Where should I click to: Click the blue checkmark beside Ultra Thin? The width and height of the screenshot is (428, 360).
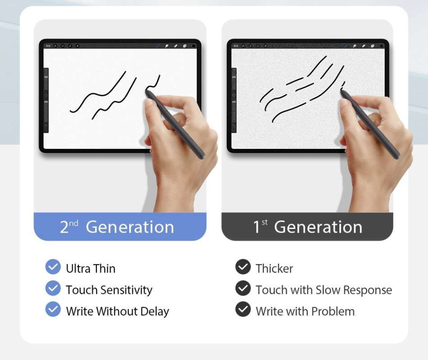click(x=53, y=267)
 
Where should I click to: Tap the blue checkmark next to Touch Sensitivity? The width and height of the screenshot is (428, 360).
click(x=53, y=288)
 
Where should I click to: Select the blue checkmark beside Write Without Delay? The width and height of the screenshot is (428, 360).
click(x=53, y=309)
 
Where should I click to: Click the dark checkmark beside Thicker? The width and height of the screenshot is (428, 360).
click(x=243, y=267)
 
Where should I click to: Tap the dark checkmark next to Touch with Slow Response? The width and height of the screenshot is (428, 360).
click(x=243, y=288)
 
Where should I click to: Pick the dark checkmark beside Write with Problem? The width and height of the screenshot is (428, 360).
click(x=243, y=309)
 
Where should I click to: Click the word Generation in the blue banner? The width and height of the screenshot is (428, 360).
click(x=130, y=227)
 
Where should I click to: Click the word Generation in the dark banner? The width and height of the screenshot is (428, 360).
click(x=318, y=227)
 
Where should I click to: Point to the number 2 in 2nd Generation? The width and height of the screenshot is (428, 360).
click(x=64, y=227)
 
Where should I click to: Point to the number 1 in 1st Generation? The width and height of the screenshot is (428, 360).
click(x=256, y=227)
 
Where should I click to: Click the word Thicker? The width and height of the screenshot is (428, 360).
click(x=275, y=269)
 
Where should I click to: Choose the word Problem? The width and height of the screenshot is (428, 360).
click(x=333, y=311)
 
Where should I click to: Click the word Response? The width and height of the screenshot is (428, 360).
click(x=367, y=290)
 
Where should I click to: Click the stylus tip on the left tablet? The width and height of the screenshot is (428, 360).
click(x=147, y=92)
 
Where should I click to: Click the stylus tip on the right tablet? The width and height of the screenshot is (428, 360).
click(x=342, y=90)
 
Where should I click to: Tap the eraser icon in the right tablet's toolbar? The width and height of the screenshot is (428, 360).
click(x=364, y=46)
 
